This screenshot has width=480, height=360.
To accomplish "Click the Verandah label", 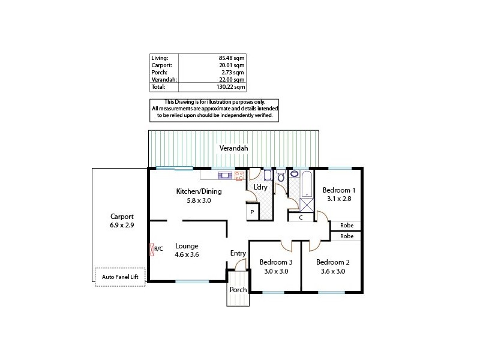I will (x=233, y=148).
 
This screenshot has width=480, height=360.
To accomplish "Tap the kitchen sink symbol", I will (x=225, y=175).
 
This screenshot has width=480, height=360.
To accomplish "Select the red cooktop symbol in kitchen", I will (x=239, y=175).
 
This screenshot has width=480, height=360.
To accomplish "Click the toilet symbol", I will (x=280, y=176).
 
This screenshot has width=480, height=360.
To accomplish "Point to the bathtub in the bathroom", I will (x=306, y=183).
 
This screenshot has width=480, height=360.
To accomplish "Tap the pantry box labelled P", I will (x=252, y=212).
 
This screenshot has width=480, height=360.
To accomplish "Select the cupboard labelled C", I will (x=301, y=218).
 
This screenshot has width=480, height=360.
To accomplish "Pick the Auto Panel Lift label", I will (x=120, y=277).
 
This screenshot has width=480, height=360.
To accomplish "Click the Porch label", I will (x=238, y=289).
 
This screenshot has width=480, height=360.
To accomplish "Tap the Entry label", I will (x=238, y=253).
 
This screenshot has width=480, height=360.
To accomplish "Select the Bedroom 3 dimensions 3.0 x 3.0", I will (x=276, y=271).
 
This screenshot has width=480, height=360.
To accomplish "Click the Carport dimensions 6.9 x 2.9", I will (x=122, y=226).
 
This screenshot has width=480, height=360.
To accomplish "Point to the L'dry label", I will (x=260, y=188).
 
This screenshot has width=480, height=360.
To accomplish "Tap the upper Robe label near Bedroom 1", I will (x=346, y=226).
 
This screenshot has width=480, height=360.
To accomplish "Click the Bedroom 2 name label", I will (x=332, y=262).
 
